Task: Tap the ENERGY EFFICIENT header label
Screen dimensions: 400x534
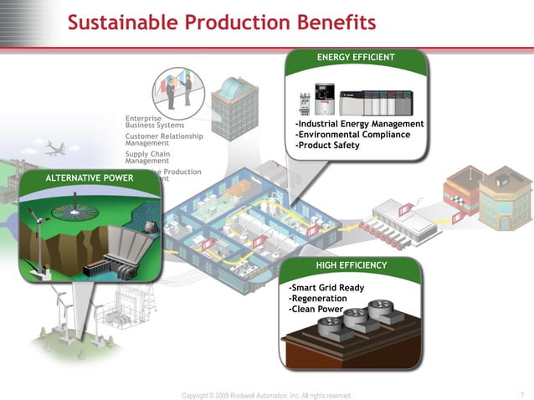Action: tap(356, 57)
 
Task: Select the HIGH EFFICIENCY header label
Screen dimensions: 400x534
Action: tap(351, 265)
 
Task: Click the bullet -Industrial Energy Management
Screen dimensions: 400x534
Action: tap(359, 124)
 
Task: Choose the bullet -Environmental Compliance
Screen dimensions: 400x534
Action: tap(352, 135)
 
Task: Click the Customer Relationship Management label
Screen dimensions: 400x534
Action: tap(163, 140)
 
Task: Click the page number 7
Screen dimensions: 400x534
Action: tap(521, 395)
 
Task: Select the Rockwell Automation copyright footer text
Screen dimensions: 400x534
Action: tap(267, 395)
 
